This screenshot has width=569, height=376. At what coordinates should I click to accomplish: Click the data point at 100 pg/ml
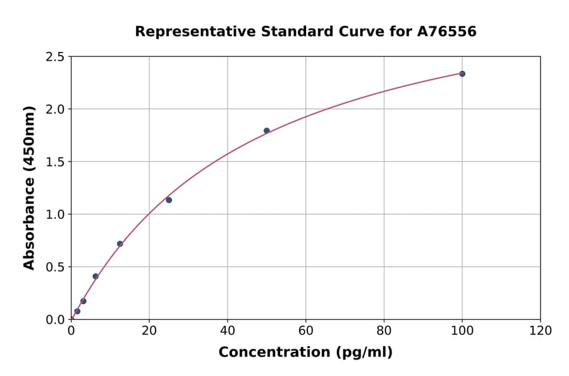pos(462,74)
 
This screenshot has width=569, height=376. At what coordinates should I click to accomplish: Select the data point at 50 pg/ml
pos(266,131)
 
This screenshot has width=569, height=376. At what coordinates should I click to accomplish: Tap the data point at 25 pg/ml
pos(169,200)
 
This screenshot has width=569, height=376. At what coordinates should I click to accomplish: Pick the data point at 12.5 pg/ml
pos(119,244)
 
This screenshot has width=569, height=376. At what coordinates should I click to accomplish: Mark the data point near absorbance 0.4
pos(95,277)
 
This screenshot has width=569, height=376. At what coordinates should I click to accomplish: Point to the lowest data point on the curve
pos(77,311)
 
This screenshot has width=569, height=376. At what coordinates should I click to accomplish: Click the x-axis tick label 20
pos(149,330)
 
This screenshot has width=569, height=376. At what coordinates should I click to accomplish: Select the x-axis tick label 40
pos(228,330)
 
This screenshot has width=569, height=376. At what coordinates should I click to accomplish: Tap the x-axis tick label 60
pos(306,330)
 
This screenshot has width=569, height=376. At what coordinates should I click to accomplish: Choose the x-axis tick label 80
pos(384,330)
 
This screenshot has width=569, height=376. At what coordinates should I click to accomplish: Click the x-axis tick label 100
pos(462,330)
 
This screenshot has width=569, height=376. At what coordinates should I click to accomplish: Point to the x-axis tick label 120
pos(541,330)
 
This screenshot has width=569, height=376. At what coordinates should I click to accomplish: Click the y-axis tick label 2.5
pos(55,57)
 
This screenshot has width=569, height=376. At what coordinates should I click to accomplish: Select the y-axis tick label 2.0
pos(55,110)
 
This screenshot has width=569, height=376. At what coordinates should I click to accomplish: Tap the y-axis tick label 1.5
pos(55,162)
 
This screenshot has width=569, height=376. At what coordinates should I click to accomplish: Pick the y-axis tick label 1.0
pos(55,215)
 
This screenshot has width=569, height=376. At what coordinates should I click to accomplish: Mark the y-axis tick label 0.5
pos(55,267)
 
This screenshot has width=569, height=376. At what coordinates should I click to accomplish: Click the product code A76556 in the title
pos(446,32)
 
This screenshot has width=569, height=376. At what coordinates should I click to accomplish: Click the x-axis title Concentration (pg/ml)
pos(305,353)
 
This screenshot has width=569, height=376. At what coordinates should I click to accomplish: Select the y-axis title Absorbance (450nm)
pos(29,188)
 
